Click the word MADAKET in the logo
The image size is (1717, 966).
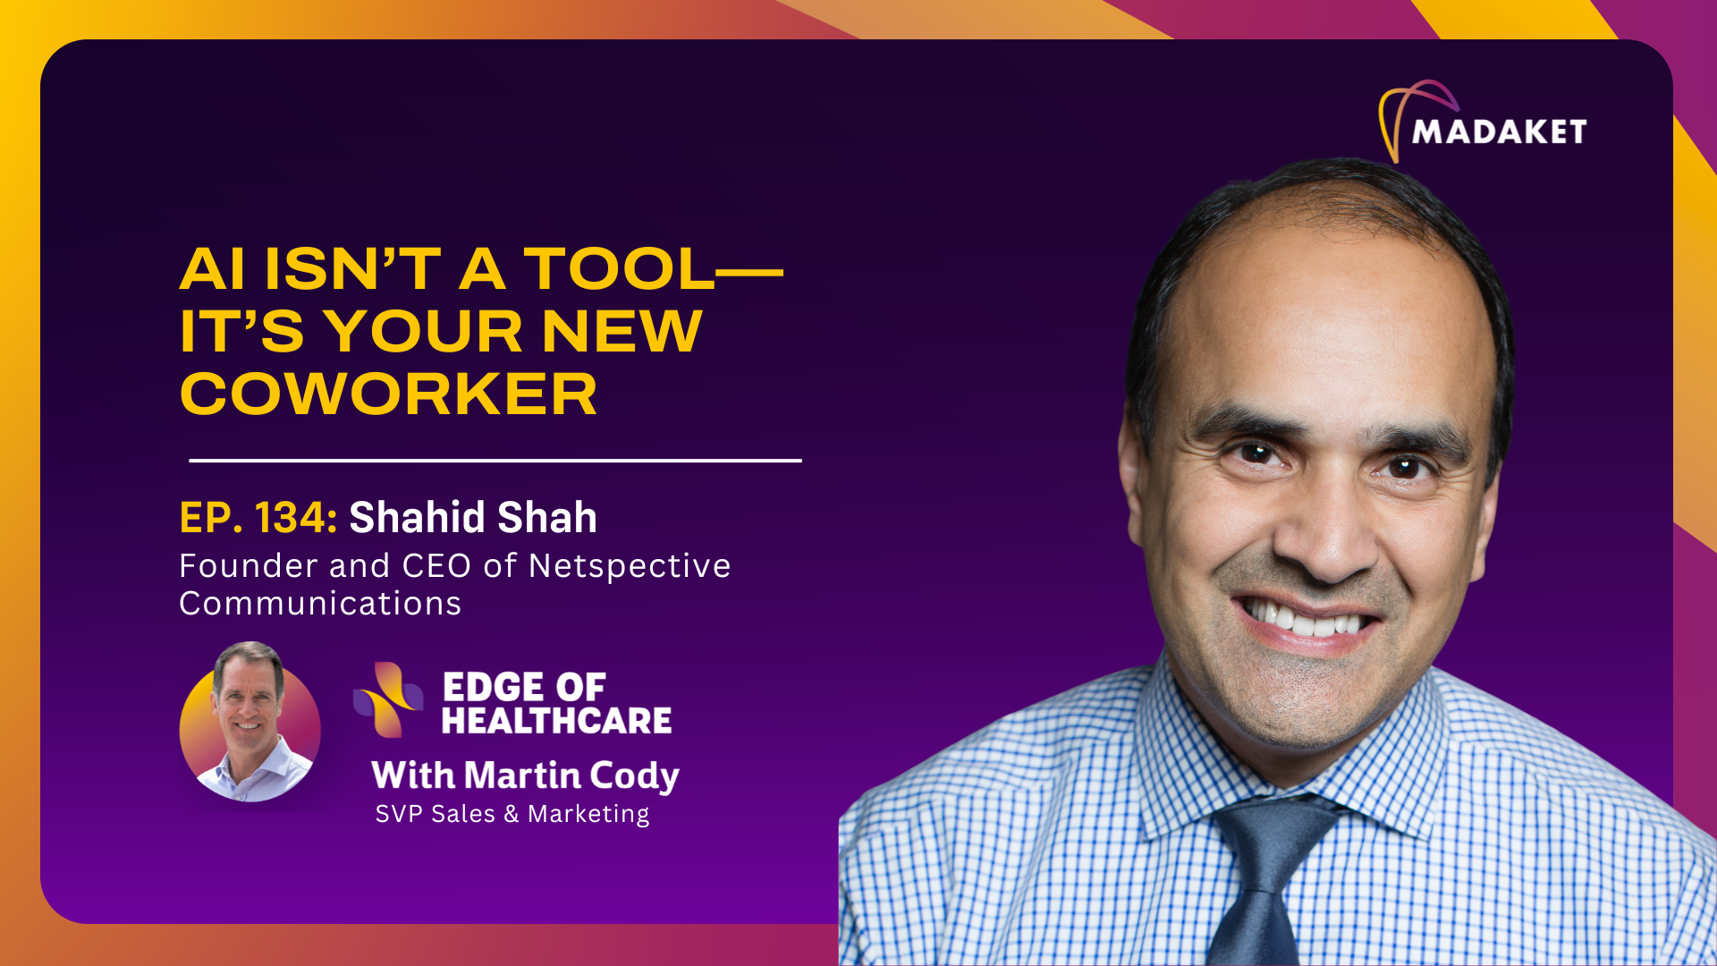(1499, 132)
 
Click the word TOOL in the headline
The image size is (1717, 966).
(619, 269)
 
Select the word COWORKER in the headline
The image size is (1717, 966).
(388, 394)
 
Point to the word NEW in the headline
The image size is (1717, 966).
(622, 332)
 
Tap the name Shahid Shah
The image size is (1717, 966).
(472, 518)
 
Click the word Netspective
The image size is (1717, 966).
(630, 566)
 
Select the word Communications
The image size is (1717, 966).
(320, 604)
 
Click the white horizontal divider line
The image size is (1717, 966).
(495, 461)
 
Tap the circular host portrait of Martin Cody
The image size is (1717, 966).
(250, 721)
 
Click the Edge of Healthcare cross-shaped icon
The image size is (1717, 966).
(388, 699)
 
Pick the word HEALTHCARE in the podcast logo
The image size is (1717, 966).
(556, 721)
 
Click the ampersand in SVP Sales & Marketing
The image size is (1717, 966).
(511, 814)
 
